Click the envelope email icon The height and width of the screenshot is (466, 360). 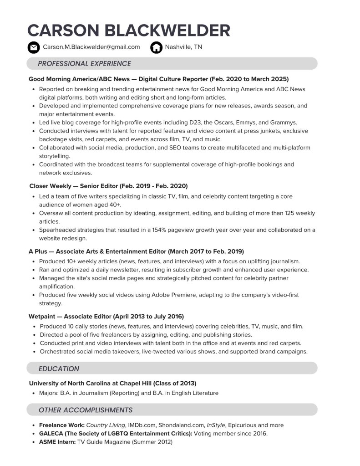tap(33, 47)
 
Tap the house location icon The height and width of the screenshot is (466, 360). tap(156, 47)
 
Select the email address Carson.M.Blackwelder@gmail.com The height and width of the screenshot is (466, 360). tap(91, 47)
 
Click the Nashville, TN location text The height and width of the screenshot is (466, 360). tap(183, 47)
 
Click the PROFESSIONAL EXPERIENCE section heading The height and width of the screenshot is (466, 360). tap(84, 64)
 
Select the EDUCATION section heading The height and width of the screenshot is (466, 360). tap(59, 369)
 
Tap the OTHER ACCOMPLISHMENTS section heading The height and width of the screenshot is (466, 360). tap(86, 410)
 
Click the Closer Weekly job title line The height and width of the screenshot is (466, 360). tap(108, 186)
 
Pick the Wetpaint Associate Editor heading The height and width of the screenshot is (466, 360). tap(106, 316)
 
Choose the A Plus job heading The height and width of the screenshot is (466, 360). tap(136, 251)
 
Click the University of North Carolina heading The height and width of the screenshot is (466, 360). tap(112, 383)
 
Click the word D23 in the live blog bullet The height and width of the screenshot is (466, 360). tap(210, 123)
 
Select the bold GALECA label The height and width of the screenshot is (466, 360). tap(116, 434)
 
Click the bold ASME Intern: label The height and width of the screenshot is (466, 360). tap(57, 442)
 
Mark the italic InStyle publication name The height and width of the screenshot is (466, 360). tap(216, 425)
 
